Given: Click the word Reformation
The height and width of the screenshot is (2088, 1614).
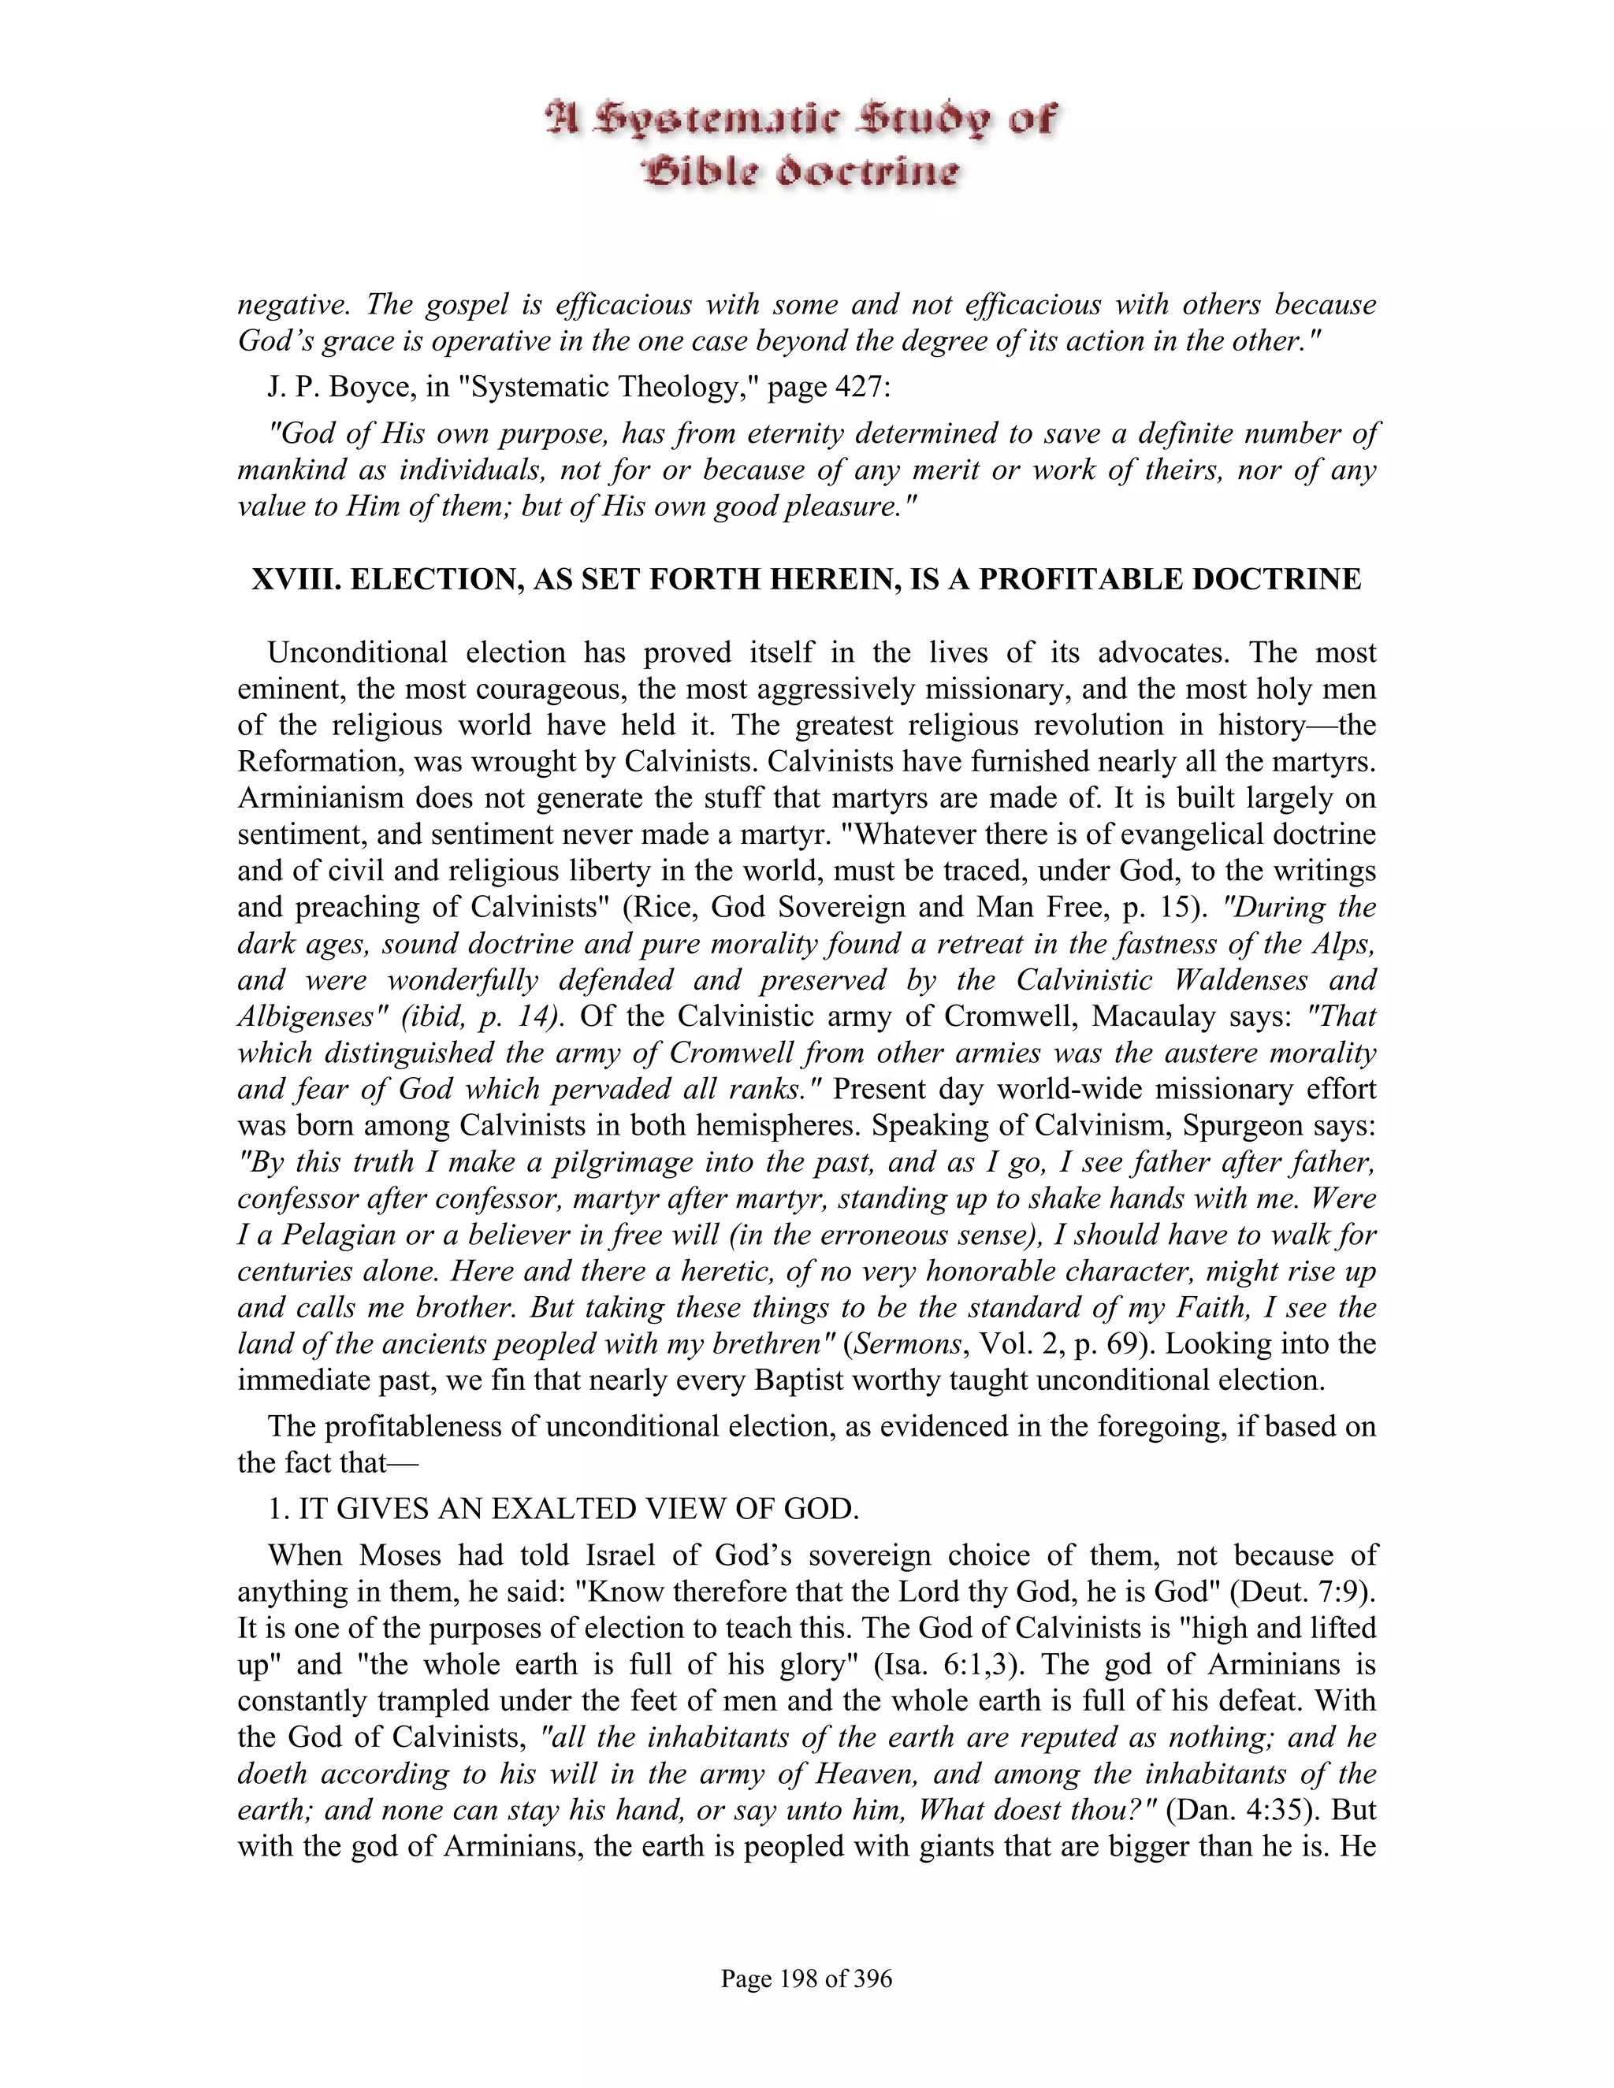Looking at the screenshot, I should pyautogui.click(x=315, y=762).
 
